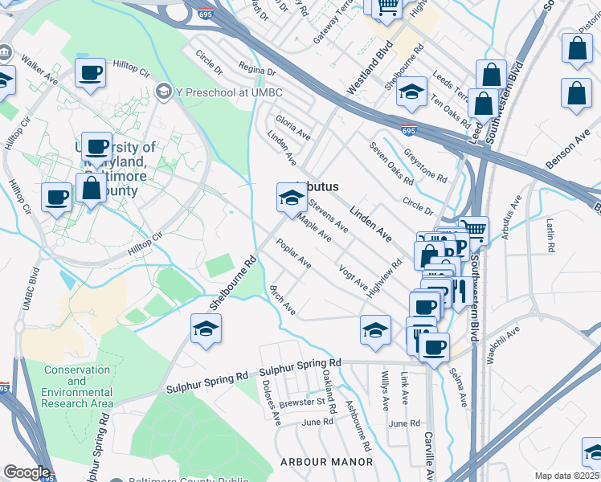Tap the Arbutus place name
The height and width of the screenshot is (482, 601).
coord(317,186)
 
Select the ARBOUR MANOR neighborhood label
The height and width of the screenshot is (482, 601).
coord(326,462)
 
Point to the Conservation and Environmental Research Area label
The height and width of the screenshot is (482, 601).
coord(77,386)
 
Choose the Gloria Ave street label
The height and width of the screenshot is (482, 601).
coord(292,128)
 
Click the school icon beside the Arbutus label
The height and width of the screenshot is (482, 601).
coord(290,197)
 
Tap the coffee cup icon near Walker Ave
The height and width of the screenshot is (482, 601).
coord(90,74)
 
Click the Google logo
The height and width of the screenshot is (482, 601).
coord(26,472)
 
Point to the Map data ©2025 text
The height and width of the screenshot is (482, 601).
coord(566,476)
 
